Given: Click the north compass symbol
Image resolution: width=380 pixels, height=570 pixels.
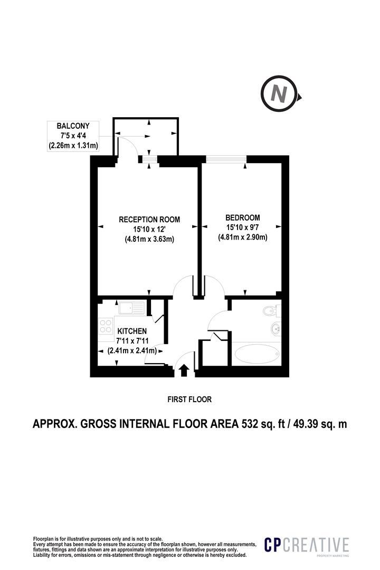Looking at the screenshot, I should tap(280, 94).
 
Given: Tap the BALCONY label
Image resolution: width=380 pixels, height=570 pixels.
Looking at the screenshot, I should tap(73, 126).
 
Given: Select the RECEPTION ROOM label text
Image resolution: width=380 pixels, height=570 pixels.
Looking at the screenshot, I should tap(149, 219).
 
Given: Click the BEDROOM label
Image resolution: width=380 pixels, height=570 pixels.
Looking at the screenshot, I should tap(243, 217).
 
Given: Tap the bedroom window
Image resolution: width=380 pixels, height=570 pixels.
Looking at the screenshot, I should tap(226, 158).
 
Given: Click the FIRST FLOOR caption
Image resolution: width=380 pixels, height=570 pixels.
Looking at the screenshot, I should tap(189, 400).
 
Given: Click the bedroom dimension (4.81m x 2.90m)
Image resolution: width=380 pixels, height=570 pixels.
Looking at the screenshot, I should tap(243, 237).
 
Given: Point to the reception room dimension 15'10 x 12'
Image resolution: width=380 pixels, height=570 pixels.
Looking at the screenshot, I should tap(149, 229).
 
